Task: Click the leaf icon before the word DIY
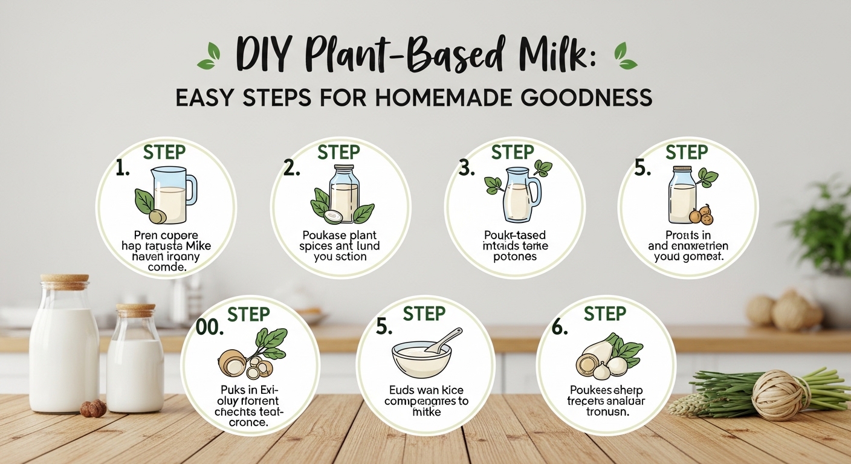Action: [x=207, y=56]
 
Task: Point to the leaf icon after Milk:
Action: [x=624, y=56]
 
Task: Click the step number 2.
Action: [x=291, y=169]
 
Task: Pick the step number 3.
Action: [x=467, y=169]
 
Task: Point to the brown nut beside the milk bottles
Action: [x=94, y=408]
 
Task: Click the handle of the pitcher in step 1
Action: [x=190, y=188]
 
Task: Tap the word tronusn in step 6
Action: [x=605, y=412]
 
